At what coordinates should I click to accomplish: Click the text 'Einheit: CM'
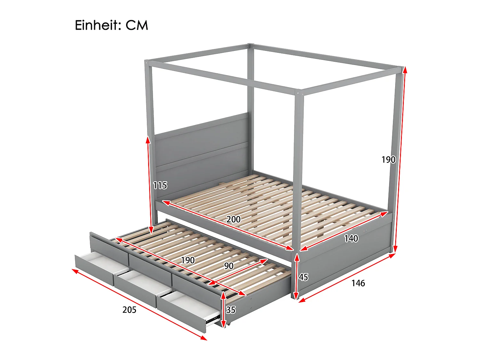pos(111,25)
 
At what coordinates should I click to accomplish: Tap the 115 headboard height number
pos(160,185)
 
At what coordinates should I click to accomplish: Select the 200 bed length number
pos(233,219)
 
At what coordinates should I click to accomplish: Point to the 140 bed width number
pos(351,238)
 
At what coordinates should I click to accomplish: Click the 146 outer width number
pos(358,283)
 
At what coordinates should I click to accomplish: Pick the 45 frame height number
pos(303,277)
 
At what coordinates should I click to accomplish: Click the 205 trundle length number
pos(129,310)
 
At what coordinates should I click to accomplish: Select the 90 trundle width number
pos(228,266)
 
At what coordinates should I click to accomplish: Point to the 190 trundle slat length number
pos(188,260)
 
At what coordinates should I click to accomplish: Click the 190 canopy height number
pos(388,160)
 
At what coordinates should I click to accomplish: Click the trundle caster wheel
pos(229,324)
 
